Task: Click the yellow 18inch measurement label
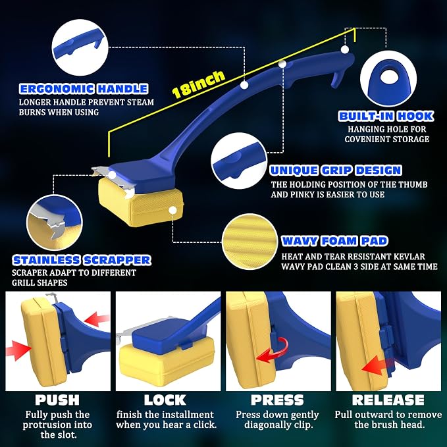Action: (198, 84)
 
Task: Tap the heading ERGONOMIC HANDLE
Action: (84, 89)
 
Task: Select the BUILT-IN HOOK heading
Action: (386, 116)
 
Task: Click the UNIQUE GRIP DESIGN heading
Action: (336, 171)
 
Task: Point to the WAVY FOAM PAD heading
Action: (334, 241)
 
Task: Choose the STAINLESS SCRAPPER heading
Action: (82, 260)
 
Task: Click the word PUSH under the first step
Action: (57, 400)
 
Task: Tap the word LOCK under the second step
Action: (165, 400)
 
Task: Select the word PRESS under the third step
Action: (277, 400)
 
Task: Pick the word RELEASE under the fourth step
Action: (388, 400)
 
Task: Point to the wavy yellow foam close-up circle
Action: (250, 242)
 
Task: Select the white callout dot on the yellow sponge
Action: (172, 211)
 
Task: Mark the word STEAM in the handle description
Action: (140, 102)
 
